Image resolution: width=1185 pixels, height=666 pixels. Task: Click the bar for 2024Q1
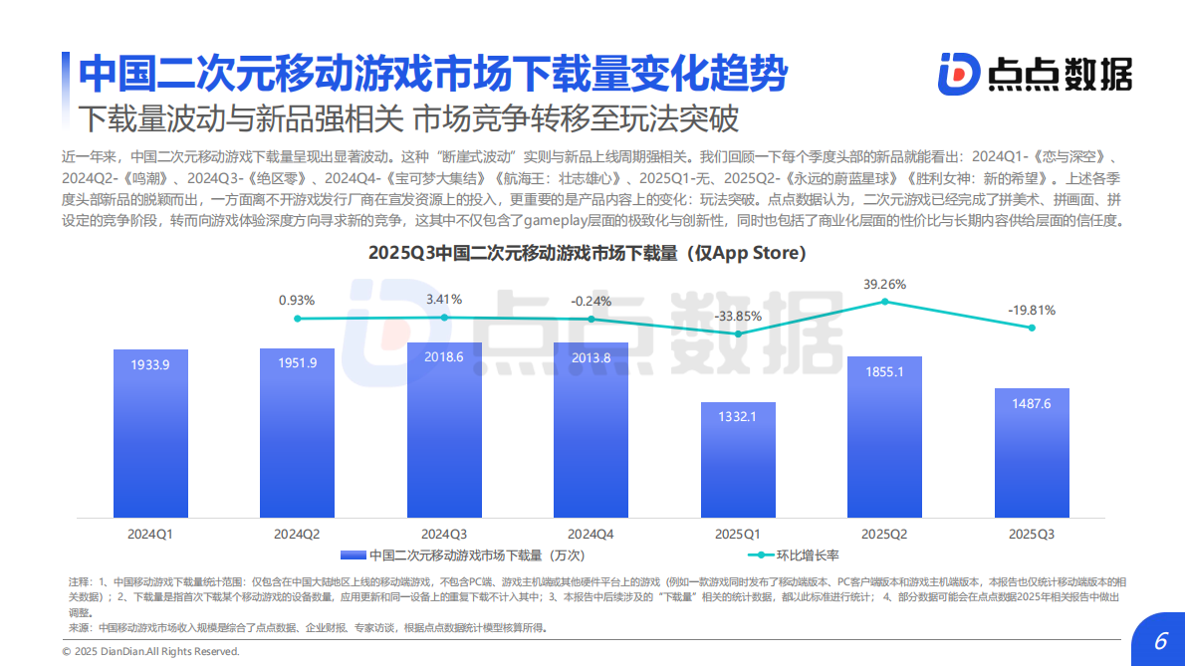[x=150, y=433]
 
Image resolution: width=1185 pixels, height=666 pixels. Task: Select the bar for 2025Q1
[x=738, y=460]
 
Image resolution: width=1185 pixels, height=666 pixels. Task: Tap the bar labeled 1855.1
[x=884, y=437]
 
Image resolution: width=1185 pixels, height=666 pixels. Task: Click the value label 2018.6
[x=444, y=356]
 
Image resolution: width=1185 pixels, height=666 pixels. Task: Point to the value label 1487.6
[x=1032, y=403]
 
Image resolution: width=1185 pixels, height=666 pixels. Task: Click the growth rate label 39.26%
[x=884, y=284]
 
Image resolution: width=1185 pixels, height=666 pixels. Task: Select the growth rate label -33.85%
[x=738, y=317]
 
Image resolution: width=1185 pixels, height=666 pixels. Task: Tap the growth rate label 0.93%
[x=297, y=300]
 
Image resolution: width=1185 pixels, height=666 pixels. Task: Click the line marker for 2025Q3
[x=1032, y=328]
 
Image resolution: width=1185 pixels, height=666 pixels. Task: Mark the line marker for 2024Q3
[x=444, y=318]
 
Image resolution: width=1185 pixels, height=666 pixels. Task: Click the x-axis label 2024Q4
[x=591, y=534]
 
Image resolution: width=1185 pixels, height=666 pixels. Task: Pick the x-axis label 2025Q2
[x=884, y=534]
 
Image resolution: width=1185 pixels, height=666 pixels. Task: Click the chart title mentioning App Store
[x=587, y=253]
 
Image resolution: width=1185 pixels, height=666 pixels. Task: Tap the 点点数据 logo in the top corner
[x=1035, y=74]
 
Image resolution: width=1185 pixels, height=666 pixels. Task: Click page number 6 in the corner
[x=1159, y=641]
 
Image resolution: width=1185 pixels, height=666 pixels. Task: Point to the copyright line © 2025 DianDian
[x=150, y=651]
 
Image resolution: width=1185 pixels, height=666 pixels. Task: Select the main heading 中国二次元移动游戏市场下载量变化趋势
[x=432, y=73]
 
